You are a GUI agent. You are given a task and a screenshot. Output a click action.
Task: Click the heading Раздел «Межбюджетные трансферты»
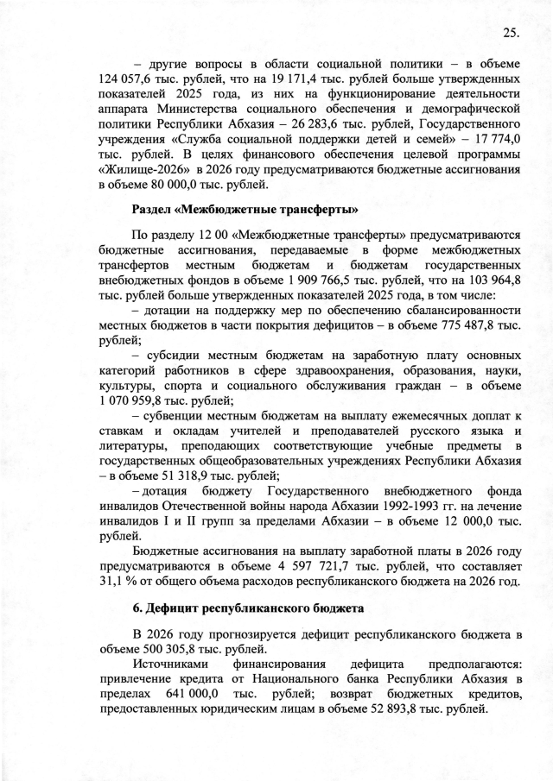click(245, 210)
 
